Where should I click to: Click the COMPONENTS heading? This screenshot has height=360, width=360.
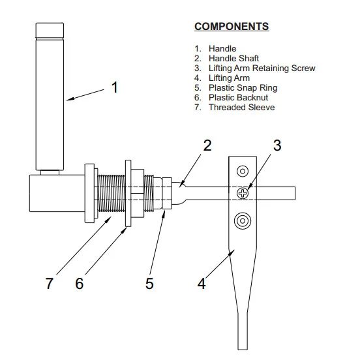pos(232,26)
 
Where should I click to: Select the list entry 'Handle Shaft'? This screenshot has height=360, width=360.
pos(233,58)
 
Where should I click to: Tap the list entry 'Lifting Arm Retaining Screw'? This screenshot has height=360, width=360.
pos(262,68)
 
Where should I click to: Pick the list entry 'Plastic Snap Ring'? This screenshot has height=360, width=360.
pos(243,87)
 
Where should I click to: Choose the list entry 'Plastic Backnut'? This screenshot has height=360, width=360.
pos(238,98)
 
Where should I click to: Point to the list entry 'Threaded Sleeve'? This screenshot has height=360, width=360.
pos(241,107)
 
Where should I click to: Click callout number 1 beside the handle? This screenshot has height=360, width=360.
pos(115,87)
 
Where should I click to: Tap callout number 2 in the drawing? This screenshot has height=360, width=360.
pos(207,145)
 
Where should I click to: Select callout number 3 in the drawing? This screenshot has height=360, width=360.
pos(277,145)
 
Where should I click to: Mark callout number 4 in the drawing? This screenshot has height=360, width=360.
pos(202,284)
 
